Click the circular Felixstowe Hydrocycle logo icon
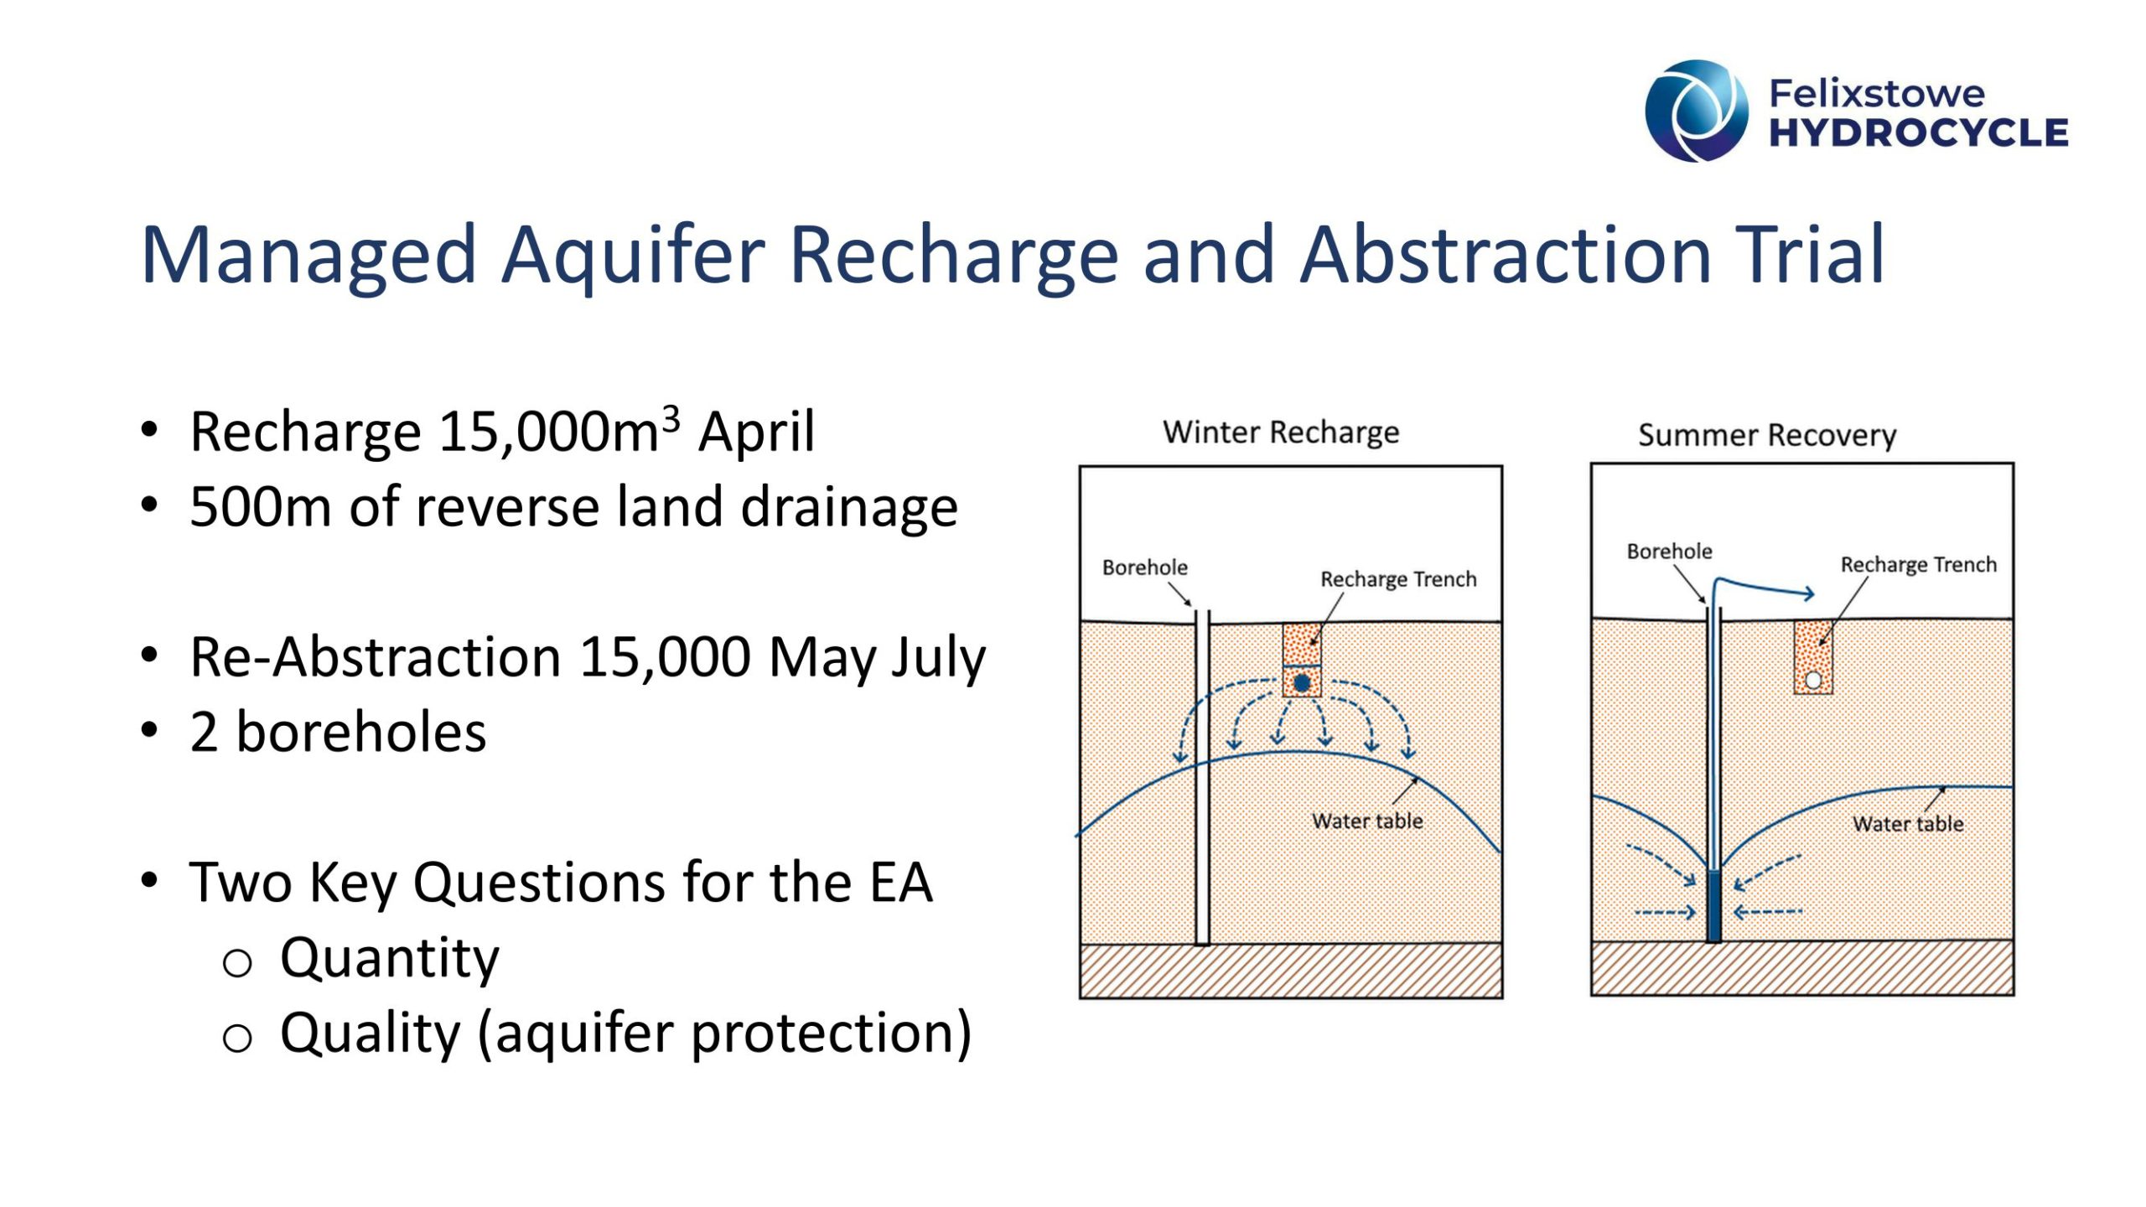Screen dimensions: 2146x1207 [x=1697, y=111]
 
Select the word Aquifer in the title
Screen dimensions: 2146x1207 [x=634, y=256]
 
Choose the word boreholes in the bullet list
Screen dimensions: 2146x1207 [x=361, y=732]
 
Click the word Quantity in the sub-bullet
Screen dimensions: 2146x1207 [x=390, y=959]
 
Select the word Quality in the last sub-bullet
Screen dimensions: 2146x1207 [x=371, y=1034]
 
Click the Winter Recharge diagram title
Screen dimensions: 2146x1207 [x=1281, y=433]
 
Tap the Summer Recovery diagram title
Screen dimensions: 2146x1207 [x=1767, y=435]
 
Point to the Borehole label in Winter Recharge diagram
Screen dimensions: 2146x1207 [x=1144, y=567]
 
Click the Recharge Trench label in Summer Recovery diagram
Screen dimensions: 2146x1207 [x=1919, y=565]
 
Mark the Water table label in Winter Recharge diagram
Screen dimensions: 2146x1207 [x=1367, y=821]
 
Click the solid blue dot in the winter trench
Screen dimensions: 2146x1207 [x=1302, y=683]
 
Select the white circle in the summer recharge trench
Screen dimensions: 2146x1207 [x=1813, y=681]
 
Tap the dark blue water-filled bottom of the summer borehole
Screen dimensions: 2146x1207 [x=1713, y=906]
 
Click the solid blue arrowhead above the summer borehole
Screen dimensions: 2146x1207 [x=1809, y=594]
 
